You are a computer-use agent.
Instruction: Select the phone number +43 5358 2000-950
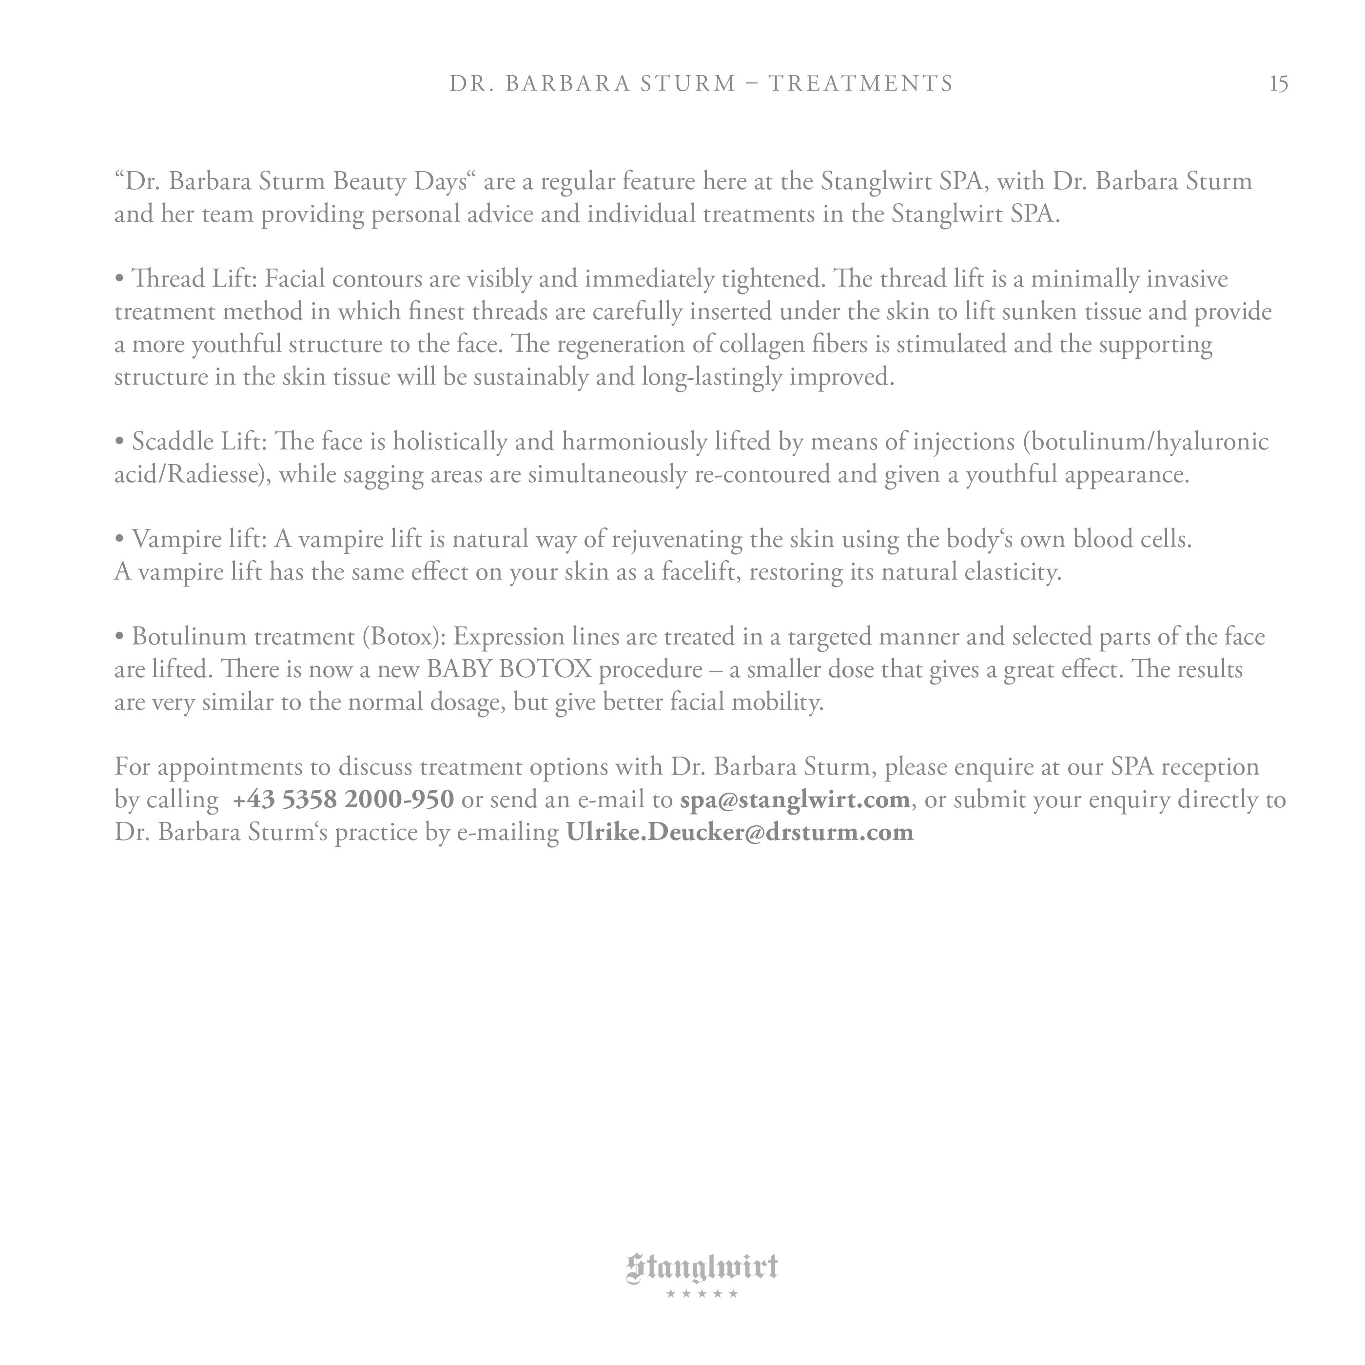tap(343, 799)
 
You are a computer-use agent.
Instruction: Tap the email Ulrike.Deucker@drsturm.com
tap(740, 832)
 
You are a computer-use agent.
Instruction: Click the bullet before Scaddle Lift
tap(119, 442)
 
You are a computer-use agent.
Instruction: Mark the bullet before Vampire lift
tap(119, 540)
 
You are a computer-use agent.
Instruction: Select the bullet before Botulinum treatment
tap(119, 637)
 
